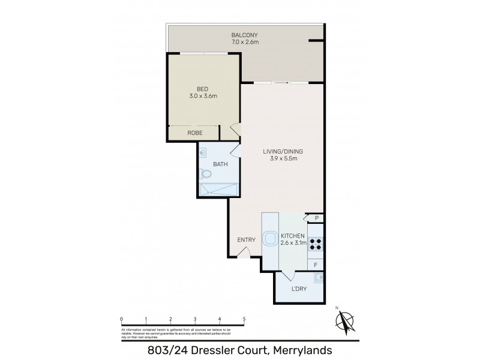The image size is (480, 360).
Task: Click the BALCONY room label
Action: coord(246,35)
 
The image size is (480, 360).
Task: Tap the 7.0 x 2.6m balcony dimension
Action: coord(246,43)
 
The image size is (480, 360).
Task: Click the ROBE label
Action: coord(194,133)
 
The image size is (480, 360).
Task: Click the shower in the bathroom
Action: coord(219,190)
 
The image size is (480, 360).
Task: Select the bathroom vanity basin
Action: coord(203,152)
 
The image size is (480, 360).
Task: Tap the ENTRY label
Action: coord(246,240)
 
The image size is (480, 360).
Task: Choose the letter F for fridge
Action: coord(316,264)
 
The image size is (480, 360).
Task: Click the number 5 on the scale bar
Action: coord(244,319)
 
